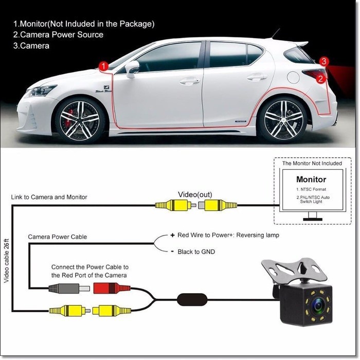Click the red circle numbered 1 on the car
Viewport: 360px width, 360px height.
pyautogui.click(x=103, y=66)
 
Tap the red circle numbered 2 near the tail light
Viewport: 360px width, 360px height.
pyautogui.click(x=320, y=79)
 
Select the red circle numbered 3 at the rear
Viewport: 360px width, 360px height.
pyautogui.click(x=323, y=61)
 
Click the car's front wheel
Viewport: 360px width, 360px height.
pyautogui.click(x=80, y=119)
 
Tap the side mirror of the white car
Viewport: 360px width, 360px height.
pyautogui.click(x=132, y=68)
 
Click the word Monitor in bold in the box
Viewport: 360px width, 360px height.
pyautogui.click(x=311, y=179)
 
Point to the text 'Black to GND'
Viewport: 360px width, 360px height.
pyautogui.click(x=196, y=252)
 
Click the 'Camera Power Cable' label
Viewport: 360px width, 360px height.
pyautogui.click(x=57, y=237)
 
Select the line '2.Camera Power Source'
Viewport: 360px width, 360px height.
pyautogui.click(x=58, y=34)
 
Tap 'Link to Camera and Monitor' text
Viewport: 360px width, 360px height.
pyautogui.click(x=49, y=197)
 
